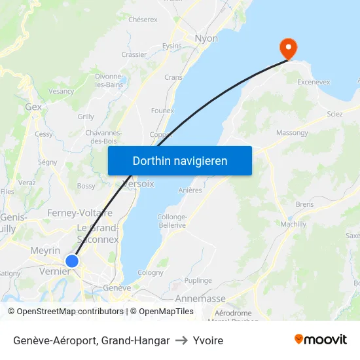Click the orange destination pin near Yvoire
(x=288, y=48)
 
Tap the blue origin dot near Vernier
(x=72, y=261)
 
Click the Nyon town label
(x=206, y=39)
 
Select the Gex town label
(x=33, y=106)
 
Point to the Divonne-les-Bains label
(x=109, y=81)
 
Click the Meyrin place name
(x=45, y=250)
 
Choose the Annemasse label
(x=200, y=298)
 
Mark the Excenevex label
(x=314, y=82)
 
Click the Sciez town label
(x=334, y=114)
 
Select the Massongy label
(x=292, y=133)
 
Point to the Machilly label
(x=293, y=225)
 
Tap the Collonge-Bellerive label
(x=171, y=221)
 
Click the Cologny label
(x=151, y=272)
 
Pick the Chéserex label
(x=143, y=20)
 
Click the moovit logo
(x=321, y=339)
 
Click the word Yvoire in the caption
(x=208, y=340)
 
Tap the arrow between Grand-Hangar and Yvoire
(x=181, y=340)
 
